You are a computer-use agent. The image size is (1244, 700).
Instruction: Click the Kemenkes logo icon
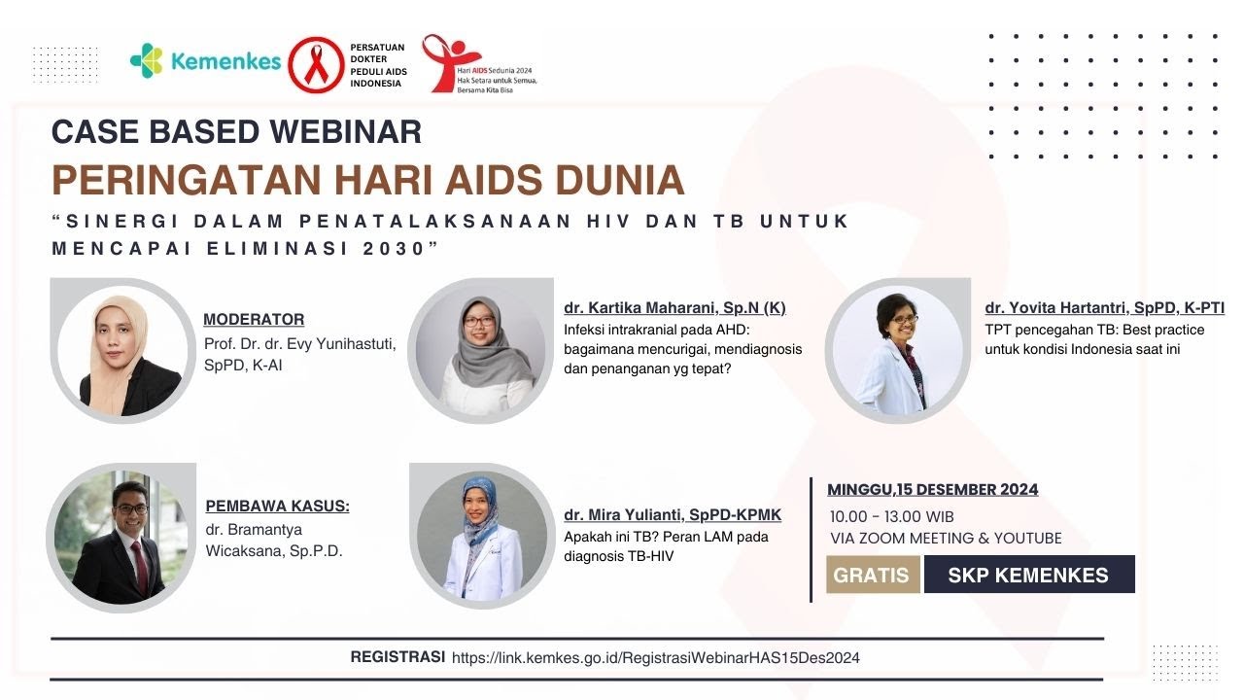click(148, 60)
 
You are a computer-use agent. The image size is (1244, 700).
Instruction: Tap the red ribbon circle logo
click(316, 65)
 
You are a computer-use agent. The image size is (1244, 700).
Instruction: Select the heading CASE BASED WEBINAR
click(236, 131)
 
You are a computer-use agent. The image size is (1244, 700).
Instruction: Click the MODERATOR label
click(254, 319)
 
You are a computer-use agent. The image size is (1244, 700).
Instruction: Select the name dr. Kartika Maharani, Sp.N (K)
click(674, 307)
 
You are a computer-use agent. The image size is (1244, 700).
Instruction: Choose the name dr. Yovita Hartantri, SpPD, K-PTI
click(1104, 307)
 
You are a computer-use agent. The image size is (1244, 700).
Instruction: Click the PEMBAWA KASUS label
click(278, 506)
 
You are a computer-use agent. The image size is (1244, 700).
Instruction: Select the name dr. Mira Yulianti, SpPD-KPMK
click(673, 514)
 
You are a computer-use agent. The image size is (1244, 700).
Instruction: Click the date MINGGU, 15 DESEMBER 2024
click(933, 489)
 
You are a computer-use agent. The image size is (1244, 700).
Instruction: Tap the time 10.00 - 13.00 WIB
click(892, 515)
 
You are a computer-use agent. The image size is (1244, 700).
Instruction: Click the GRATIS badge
click(872, 575)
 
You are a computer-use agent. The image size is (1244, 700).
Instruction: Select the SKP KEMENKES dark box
click(1028, 575)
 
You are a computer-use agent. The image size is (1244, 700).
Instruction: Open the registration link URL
click(656, 658)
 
